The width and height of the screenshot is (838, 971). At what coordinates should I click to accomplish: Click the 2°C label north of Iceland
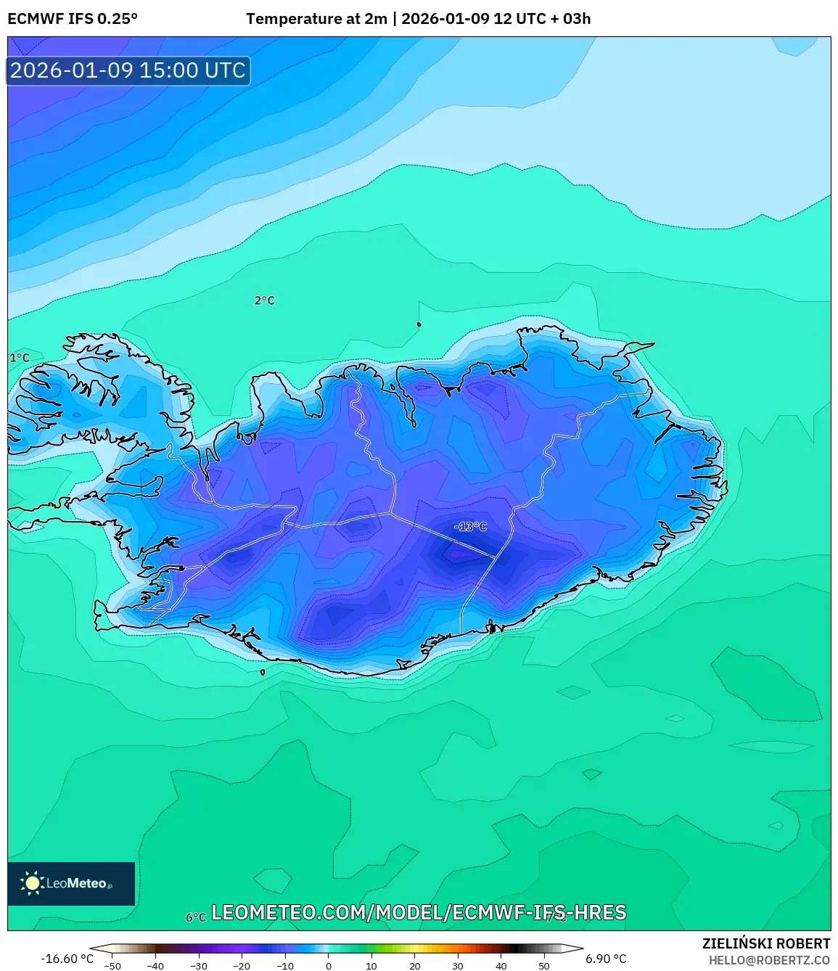pos(264,300)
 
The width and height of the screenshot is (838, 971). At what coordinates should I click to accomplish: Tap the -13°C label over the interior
pos(470,526)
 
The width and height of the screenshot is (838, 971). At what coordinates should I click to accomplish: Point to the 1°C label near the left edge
pos(20,358)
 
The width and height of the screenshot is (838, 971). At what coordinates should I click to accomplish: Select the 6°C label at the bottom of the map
pos(196,917)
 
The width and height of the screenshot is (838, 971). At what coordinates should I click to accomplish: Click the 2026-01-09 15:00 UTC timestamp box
pos(128,70)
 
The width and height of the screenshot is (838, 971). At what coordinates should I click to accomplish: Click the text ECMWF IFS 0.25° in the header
pos(73,19)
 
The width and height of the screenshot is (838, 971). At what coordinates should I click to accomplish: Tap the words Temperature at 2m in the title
pos(316,19)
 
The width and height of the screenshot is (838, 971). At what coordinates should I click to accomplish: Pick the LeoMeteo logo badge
pos(71,883)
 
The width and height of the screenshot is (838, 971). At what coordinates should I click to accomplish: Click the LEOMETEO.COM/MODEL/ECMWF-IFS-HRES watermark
pos(419,912)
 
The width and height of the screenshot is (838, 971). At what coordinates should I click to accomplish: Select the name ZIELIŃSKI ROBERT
pos(765,943)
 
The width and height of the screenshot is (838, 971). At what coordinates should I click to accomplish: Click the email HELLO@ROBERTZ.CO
pos(769,960)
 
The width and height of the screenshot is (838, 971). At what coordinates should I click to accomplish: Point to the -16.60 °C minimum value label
pos(67,959)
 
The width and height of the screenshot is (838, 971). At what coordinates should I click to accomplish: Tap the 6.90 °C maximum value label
pos(606,959)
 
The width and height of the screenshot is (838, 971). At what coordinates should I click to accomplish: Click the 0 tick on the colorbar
pos(329,966)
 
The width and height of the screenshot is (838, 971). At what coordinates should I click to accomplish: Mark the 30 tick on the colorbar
pos(457,966)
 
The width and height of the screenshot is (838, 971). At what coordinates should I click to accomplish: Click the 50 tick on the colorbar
pos(543,966)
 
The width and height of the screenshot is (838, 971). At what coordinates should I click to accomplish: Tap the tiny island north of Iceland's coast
pos(419,324)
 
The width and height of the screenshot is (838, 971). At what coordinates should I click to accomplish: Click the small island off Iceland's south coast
pos(263,672)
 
